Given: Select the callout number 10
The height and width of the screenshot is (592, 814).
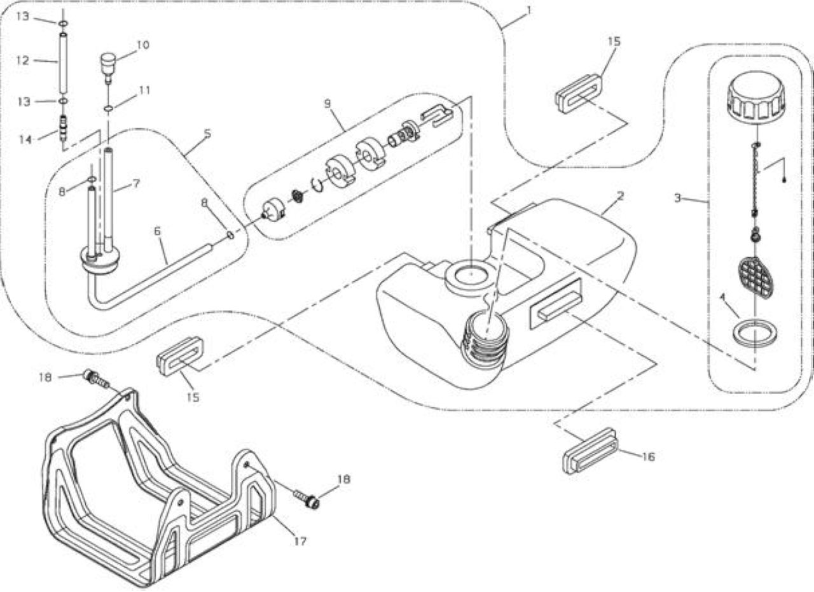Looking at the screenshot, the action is [143, 45].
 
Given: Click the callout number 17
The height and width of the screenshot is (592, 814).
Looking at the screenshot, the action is [300, 542].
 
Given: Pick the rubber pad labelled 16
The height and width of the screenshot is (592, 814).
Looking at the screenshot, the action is [591, 451].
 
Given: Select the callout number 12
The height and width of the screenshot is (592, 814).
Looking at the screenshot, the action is [22, 60].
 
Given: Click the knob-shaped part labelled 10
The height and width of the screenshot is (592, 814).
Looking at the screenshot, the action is [107, 67].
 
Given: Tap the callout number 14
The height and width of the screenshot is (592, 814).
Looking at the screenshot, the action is [25, 139].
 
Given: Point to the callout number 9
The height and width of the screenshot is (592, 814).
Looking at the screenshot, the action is [328, 104].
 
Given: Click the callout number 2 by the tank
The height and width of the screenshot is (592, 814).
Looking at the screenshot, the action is [620, 196].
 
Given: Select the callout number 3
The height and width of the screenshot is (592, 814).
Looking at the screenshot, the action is [677, 198].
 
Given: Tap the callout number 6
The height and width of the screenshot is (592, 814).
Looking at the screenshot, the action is [157, 231].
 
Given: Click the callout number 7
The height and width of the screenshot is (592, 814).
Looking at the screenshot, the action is [136, 183].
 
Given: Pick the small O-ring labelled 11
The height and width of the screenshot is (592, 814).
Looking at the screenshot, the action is [108, 108].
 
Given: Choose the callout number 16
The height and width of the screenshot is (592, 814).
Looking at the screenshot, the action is [648, 456].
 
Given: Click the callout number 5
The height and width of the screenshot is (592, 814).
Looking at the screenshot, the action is [207, 134].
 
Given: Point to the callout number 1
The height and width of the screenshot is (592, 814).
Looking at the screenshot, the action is [528, 10].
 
